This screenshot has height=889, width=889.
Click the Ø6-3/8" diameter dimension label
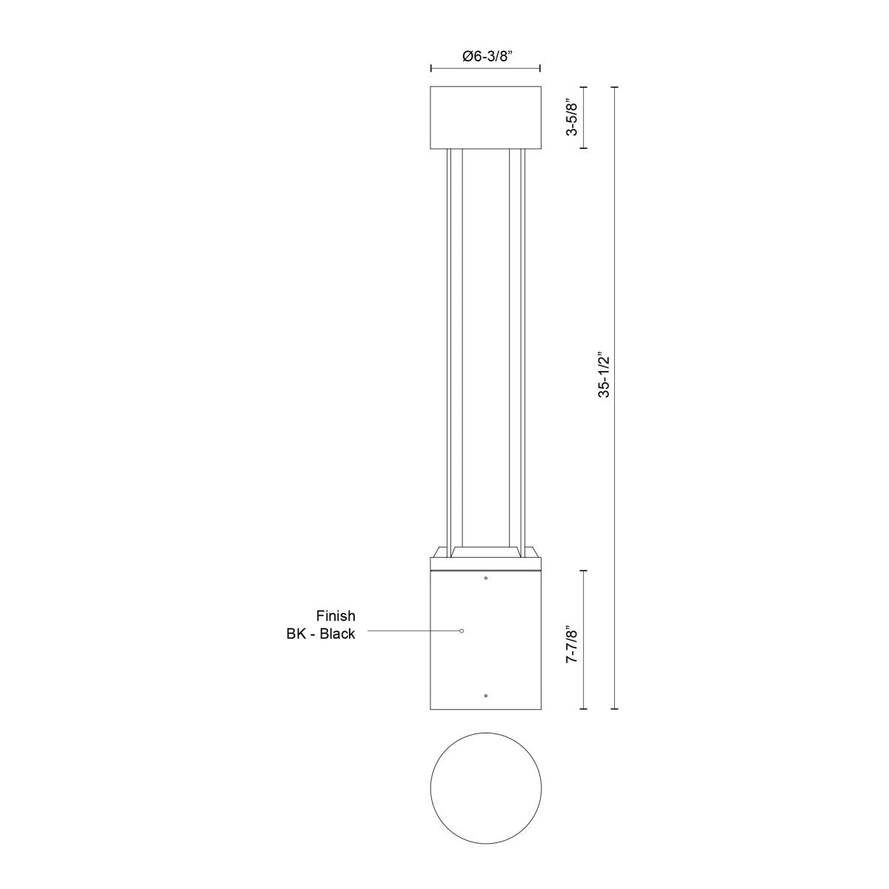[x=486, y=56]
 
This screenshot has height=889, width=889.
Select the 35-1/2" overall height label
[x=605, y=375]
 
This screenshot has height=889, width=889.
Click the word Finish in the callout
[x=336, y=616]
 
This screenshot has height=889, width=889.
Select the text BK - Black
[x=321, y=634]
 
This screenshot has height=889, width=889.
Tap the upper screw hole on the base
[x=485, y=578]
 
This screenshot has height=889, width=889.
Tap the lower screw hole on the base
[x=485, y=696]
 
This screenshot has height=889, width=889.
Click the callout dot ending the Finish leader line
[x=462, y=630]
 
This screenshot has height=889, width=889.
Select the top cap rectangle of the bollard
[x=486, y=117]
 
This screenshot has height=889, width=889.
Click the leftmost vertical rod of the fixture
[x=447, y=348]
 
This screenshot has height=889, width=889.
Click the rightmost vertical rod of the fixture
[x=524, y=348]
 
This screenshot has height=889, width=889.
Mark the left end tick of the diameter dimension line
[x=431, y=68]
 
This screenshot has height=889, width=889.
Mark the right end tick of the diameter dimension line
[x=540, y=68]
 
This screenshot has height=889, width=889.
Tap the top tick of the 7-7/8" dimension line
[x=584, y=570]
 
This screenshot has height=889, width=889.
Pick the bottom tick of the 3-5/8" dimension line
[x=584, y=148]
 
